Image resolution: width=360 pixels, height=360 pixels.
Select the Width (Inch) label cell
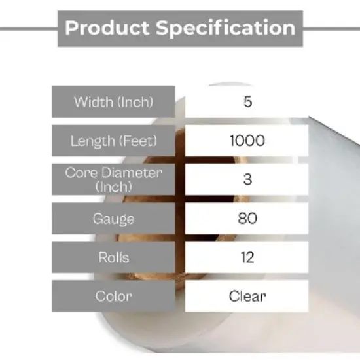pyautogui.click(x=113, y=102)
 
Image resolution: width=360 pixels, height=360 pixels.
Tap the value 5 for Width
pyautogui.click(x=247, y=102)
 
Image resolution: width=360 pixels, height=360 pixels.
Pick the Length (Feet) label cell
pyautogui.click(x=113, y=141)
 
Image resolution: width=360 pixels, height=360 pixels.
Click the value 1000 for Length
pyautogui.click(x=247, y=141)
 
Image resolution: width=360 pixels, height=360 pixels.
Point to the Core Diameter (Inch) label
pyautogui.click(x=113, y=179)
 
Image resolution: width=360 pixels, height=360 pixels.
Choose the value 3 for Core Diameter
pyautogui.click(x=247, y=179)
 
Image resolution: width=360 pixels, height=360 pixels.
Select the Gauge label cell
pyautogui.click(x=113, y=218)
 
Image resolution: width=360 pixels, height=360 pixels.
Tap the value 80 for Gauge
pyautogui.click(x=247, y=218)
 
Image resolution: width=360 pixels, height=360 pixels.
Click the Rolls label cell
pyautogui.click(x=113, y=257)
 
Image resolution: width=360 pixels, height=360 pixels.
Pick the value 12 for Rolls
pyautogui.click(x=247, y=257)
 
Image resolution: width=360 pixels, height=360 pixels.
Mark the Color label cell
pyautogui.click(x=113, y=296)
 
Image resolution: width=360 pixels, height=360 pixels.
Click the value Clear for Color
pyautogui.click(x=247, y=296)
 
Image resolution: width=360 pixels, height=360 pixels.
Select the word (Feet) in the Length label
pyautogui.click(x=139, y=141)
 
